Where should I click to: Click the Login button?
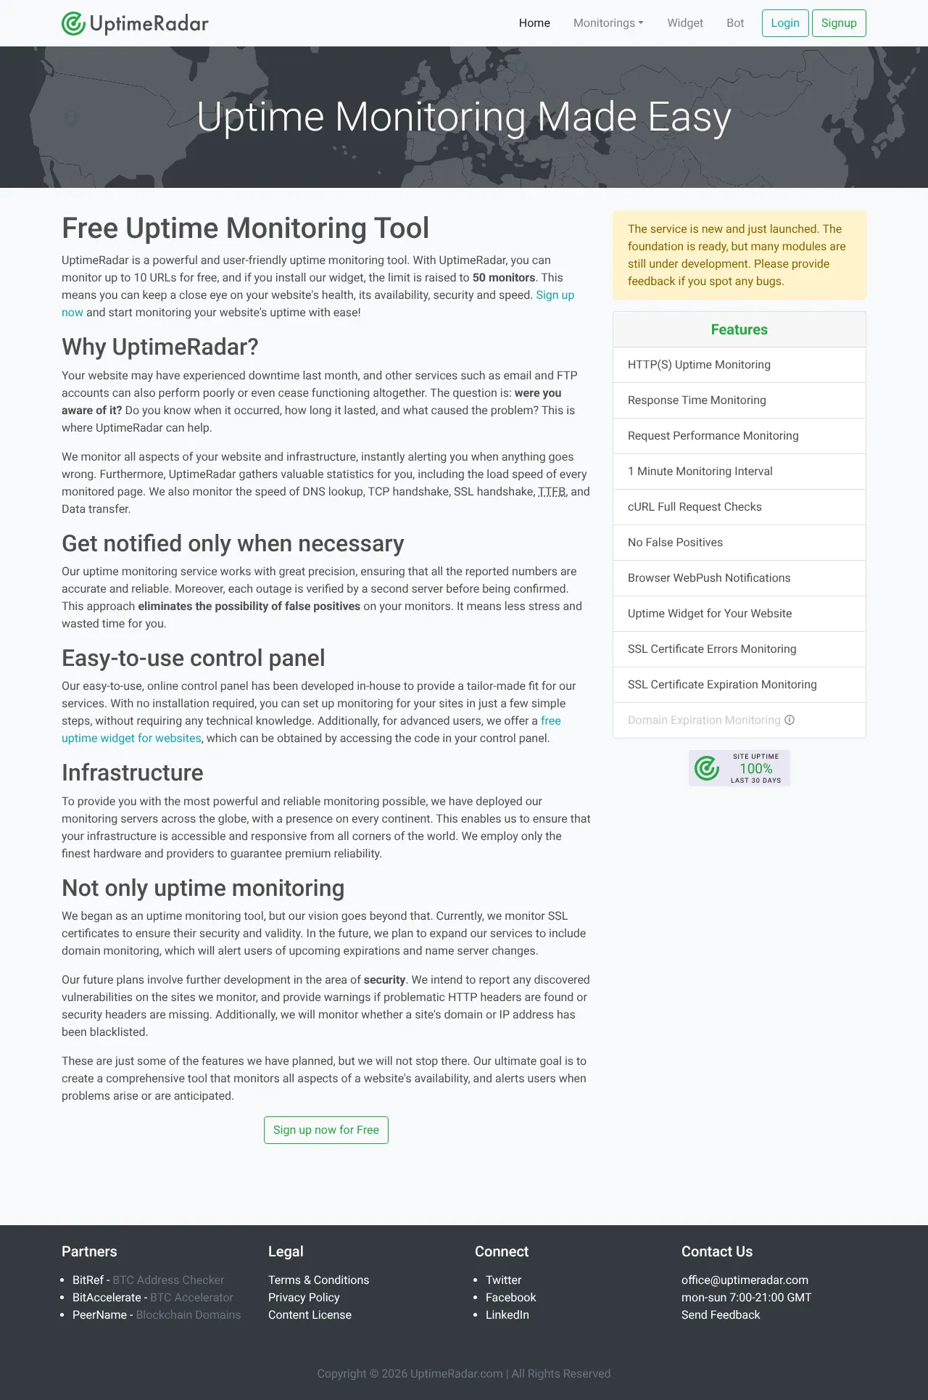[784, 23]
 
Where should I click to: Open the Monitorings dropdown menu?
[608, 23]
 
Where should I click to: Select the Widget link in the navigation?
[684, 23]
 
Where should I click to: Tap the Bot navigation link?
[734, 23]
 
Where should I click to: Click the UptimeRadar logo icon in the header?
[73, 23]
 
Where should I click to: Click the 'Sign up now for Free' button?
[326, 1129]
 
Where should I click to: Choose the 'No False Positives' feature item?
[675, 543]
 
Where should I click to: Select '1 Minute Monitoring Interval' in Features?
[700, 472]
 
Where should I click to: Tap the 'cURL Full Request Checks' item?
[695, 507]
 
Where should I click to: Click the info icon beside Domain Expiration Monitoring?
[790, 720]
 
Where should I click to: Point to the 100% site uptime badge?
[739, 768]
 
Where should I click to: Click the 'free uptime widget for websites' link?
[131, 738]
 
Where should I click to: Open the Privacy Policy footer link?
[304, 1297]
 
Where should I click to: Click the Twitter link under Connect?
[503, 1280]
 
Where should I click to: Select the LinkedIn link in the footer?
[507, 1314]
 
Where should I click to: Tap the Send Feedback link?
[721, 1314]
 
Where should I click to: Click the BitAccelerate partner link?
[107, 1297]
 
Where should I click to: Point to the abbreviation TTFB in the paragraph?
[552, 492]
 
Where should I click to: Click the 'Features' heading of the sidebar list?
[739, 329]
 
